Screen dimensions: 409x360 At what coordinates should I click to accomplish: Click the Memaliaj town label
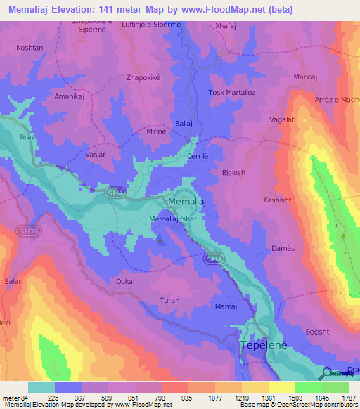(x=188, y=202)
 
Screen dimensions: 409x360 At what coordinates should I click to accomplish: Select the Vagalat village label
(x=281, y=120)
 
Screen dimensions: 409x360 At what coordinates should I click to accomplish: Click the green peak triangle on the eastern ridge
(x=343, y=236)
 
